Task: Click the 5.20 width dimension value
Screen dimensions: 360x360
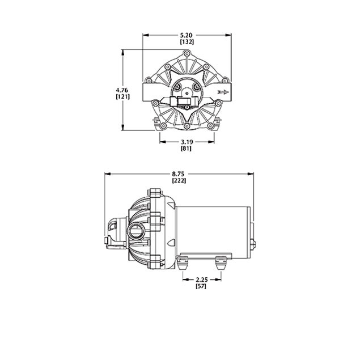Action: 187,35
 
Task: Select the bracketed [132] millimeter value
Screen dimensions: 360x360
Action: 187,43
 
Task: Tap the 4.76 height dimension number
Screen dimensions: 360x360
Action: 122,89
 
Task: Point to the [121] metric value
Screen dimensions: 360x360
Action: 122,97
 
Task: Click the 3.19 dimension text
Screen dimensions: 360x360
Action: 187,141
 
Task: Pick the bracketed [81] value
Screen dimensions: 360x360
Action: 187,149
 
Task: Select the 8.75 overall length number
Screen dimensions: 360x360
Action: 180,173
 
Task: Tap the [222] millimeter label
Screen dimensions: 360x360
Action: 180,180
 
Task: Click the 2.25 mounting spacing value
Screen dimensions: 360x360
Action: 201,280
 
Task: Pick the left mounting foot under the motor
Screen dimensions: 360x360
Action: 182,262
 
